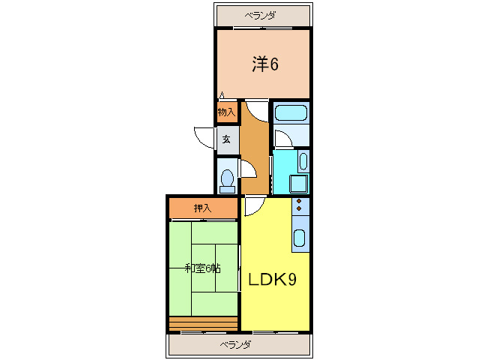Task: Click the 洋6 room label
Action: click(x=265, y=64)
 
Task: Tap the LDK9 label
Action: click(x=272, y=280)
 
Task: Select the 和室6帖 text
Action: click(x=203, y=268)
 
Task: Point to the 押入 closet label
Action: click(x=203, y=208)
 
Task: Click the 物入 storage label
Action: click(x=226, y=112)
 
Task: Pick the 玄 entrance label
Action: click(x=226, y=139)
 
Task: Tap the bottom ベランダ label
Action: click(x=236, y=345)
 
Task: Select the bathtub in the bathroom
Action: click(x=291, y=113)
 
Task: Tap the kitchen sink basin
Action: click(x=299, y=238)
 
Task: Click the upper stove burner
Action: click(x=299, y=201)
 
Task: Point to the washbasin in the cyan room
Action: click(x=303, y=161)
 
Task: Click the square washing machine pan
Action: click(x=299, y=184)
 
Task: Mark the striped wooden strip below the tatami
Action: click(x=203, y=324)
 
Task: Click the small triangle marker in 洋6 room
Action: click(x=222, y=95)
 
